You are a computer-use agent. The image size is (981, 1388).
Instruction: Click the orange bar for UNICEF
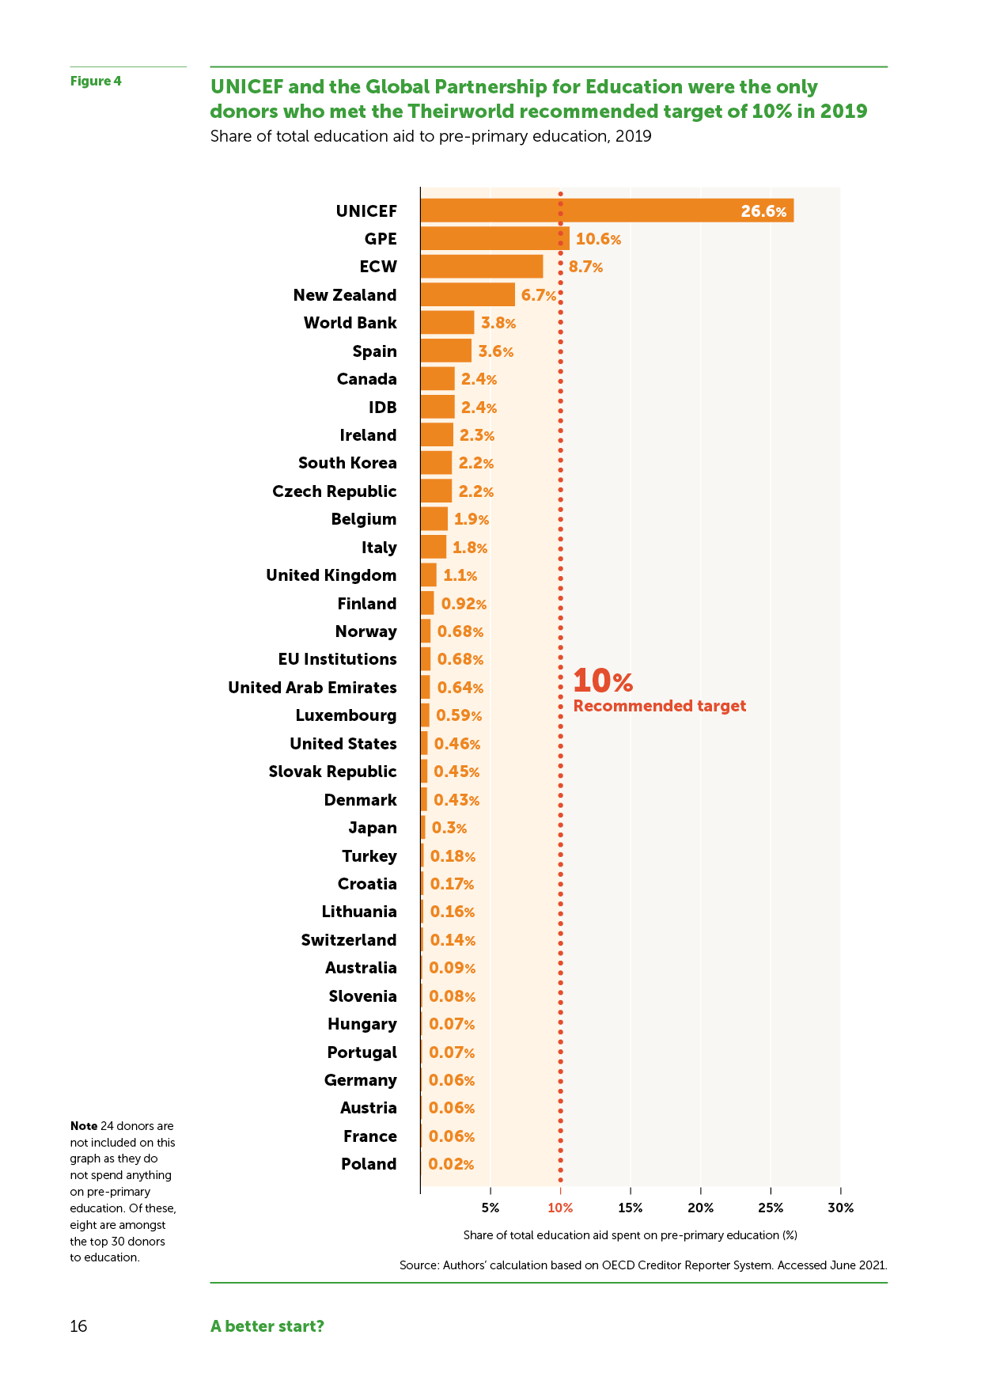click(606, 210)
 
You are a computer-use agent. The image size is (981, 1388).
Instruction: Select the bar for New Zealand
click(468, 294)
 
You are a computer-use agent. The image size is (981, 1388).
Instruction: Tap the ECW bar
click(481, 267)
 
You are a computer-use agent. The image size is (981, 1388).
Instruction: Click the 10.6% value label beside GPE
click(598, 239)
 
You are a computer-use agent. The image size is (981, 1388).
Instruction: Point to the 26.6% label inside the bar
click(763, 211)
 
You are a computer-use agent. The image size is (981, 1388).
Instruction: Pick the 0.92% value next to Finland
click(464, 604)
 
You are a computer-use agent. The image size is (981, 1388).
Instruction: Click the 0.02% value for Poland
click(451, 1164)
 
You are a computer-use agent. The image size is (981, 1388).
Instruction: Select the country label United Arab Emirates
click(312, 688)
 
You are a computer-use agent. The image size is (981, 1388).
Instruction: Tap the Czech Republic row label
click(334, 491)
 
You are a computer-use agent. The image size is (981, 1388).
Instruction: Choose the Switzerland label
click(349, 940)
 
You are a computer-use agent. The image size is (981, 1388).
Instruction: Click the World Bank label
click(350, 323)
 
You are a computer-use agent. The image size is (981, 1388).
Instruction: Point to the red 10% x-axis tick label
click(560, 1208)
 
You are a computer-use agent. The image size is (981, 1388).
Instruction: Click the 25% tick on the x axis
click(771, 1208)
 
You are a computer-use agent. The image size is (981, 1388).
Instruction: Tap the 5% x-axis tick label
click(490, 1208)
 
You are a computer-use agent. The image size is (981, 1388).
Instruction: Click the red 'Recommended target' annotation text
click(659, 706)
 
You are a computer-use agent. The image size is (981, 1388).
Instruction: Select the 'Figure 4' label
click(96, 81)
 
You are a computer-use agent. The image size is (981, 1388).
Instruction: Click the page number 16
click(78, 1326)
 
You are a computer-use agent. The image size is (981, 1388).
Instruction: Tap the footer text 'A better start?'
click(267, 1326)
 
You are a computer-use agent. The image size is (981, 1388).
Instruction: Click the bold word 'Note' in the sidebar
click(83, 1126)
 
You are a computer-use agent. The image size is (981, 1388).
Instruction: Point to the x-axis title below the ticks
click(630, 1235)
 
